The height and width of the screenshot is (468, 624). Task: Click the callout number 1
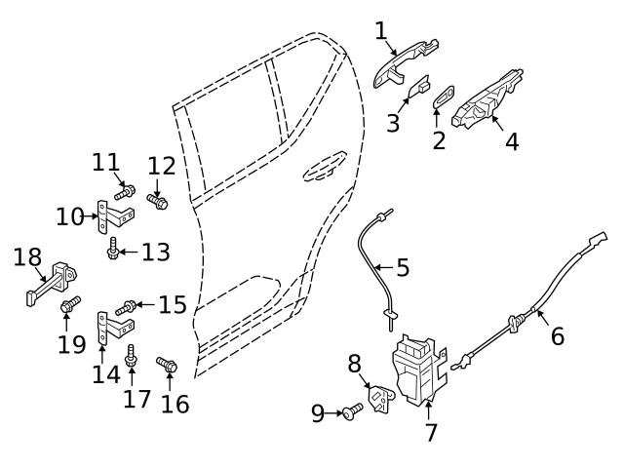coord(381,31)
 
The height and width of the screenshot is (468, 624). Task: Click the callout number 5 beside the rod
coord(403,265)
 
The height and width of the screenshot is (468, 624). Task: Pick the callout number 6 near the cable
coord(557,336)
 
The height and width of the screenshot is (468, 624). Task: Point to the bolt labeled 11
coord(124,189)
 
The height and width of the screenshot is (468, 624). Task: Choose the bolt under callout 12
coord(157,201)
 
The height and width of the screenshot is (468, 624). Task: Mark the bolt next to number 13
coord(115,251)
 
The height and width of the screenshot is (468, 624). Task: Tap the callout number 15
coord(172,305)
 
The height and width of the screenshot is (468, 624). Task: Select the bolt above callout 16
coord(166,367)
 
